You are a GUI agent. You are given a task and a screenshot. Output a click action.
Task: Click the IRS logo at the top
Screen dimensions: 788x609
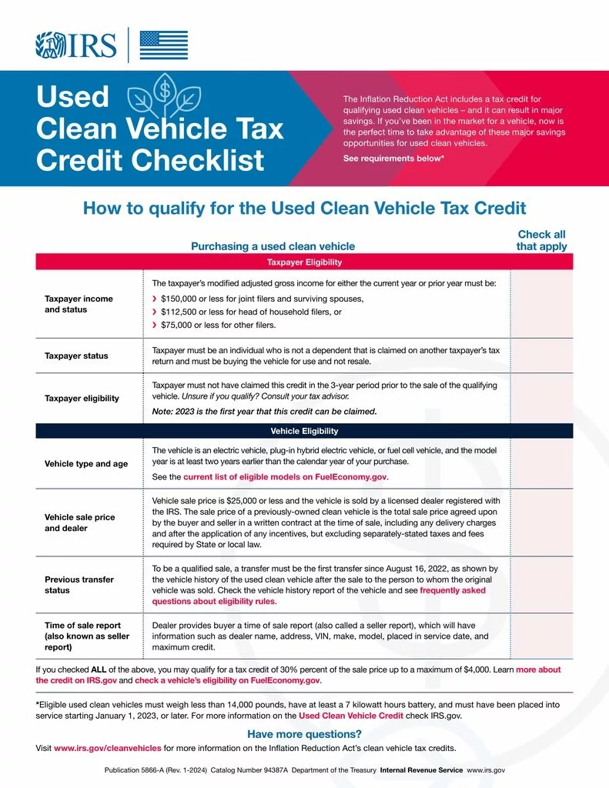(75, 45)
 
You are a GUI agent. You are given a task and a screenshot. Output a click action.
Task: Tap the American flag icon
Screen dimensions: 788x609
(163, 45)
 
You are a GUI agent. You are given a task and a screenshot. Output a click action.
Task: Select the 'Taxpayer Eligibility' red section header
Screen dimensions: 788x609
(304, 262)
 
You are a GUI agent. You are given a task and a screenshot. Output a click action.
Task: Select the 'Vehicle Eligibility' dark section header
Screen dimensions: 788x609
(304, 431)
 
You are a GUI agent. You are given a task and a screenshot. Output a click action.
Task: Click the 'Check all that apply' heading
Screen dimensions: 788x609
(541, 240)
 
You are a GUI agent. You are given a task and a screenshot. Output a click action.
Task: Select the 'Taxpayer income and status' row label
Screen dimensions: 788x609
(79, 304)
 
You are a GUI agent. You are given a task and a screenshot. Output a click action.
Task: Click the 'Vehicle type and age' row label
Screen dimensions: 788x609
(86, 464)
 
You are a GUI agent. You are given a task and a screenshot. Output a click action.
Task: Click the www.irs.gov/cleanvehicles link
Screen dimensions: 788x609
(107, 748)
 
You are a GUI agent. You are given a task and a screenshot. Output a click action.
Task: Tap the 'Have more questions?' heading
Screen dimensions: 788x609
(304, 734)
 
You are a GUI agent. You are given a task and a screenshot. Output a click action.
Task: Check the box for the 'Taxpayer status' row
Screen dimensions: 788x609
(541, 356)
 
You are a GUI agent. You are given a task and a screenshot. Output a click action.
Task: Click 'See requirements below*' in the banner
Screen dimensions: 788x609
(393, 158)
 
